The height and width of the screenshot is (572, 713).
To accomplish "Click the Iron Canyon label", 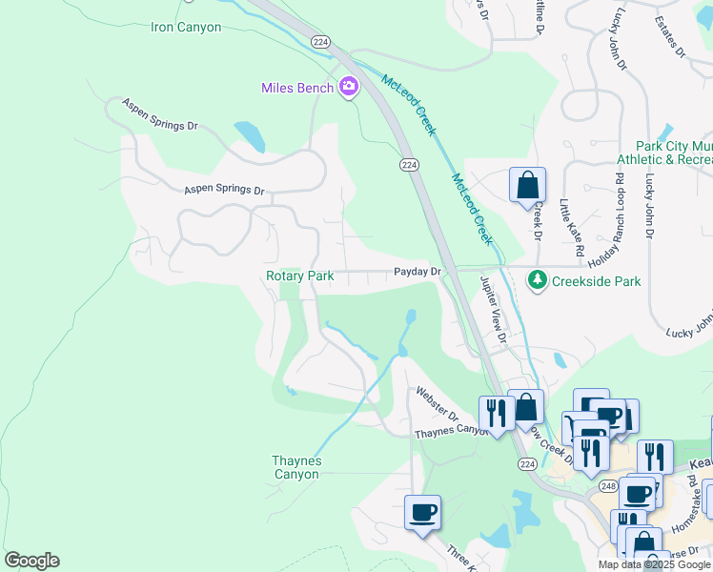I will click(186, 27).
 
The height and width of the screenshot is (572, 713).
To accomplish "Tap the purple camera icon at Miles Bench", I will click(348, 88).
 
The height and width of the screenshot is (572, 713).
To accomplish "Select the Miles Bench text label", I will click(297, 89).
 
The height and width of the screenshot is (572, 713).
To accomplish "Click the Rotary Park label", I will click(299, 276).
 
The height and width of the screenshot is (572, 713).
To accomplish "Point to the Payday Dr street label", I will click(418, 273).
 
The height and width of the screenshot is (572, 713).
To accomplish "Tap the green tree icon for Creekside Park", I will click(538, 280).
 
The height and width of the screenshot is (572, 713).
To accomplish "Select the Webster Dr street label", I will click(438, 404).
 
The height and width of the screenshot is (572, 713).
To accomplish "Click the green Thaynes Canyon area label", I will click(297, 467).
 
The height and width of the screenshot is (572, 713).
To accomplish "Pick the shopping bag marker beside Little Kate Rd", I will click(527, 184).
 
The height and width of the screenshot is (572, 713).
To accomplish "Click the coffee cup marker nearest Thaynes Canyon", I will click(422, 512).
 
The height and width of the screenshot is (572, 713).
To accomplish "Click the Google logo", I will click(31, 561).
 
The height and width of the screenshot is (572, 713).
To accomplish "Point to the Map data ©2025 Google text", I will click(653, 564).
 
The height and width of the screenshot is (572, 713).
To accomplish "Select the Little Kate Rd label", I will click(571, 229).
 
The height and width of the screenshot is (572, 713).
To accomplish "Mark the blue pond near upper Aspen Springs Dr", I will click(250, 136).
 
